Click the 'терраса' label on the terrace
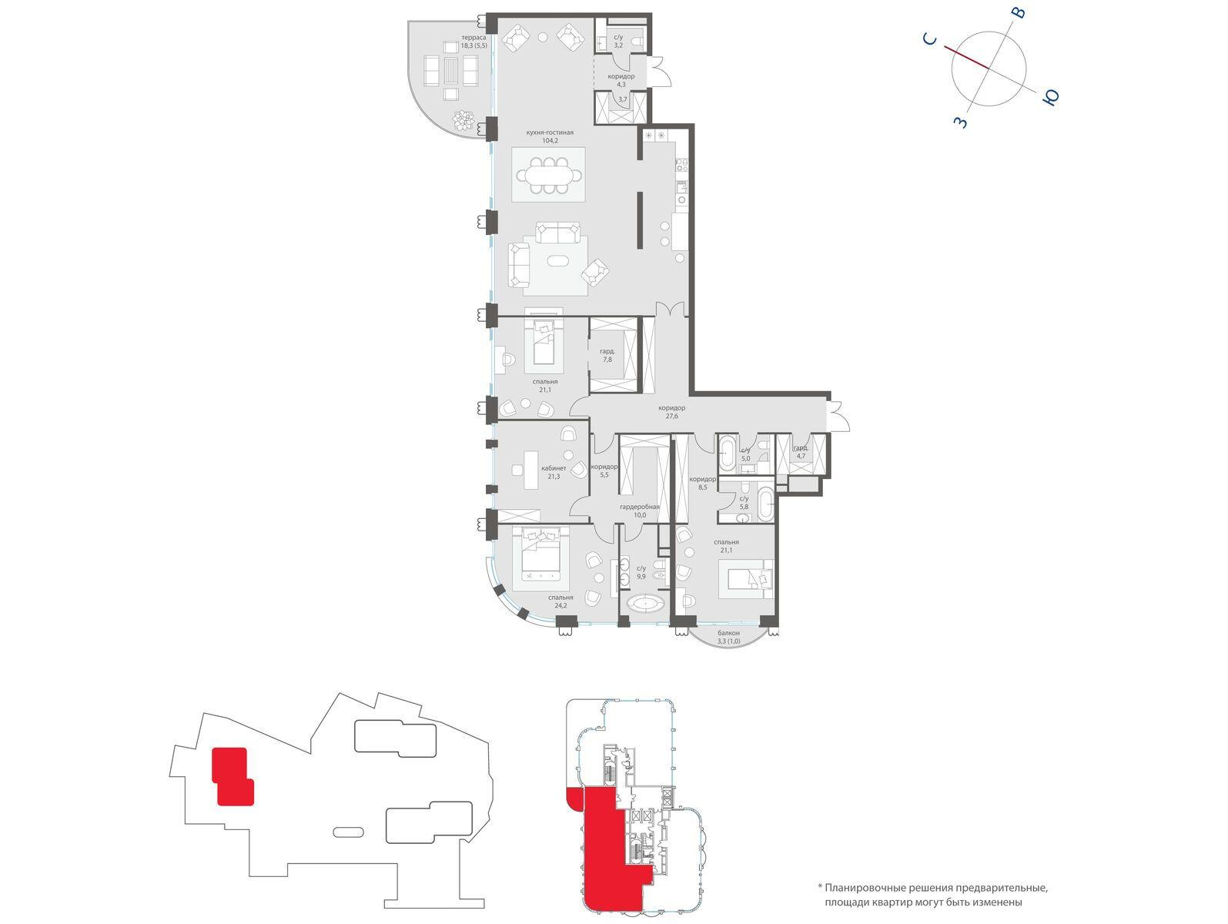pos(473,38)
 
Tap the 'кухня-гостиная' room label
pos(550,133)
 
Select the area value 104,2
pos(550,141)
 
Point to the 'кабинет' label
pos(554,469)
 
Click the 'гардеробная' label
pos(640,507)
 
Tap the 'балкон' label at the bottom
pos(728,633)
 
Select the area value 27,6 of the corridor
pos(671,416)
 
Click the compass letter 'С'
pos(930,38)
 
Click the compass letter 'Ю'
pos(1051,98)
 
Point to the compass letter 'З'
pos(961,122)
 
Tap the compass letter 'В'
pos(1019,12)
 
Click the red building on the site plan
pos(233,776)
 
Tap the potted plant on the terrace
pos(463,119)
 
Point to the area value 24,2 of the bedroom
pos(560,605)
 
